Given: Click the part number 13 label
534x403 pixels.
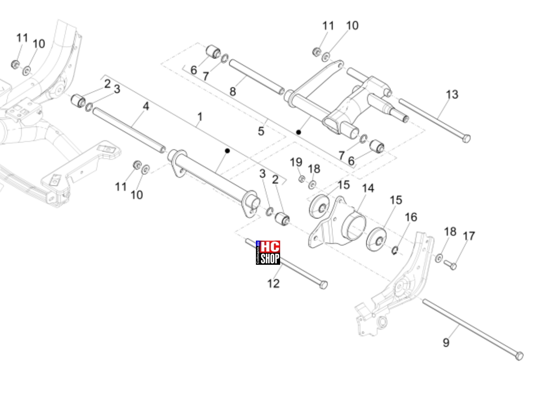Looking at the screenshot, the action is pos(452,94).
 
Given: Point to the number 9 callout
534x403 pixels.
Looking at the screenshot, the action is pos(446,343).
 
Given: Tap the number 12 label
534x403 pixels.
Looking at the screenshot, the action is pos(273,283).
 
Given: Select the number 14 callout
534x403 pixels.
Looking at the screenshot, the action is pos(368,188).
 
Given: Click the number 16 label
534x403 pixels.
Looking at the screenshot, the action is pos(411,217).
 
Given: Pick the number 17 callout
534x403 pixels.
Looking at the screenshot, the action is pos(469,236).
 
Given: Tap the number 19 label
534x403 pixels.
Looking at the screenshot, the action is pos(296,162).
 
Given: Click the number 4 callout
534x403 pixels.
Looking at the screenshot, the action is pos(146,106).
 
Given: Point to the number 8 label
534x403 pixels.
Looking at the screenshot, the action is pos(233,92).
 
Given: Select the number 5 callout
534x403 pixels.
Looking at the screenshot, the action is pos(261,131).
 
